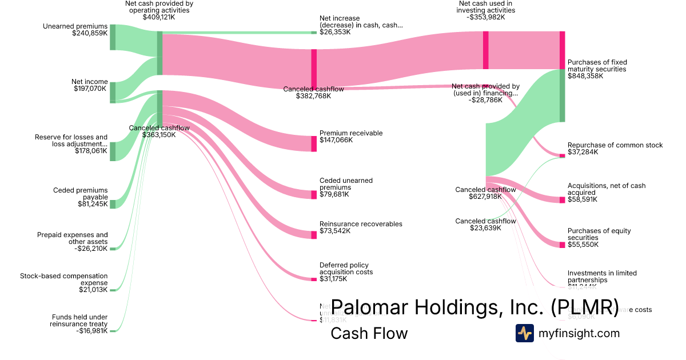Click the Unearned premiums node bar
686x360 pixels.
tap(113, 37)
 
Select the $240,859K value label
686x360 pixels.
tap(90, 34)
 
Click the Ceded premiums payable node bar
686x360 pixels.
tap(113, 204)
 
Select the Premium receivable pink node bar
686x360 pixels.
tap(314, 143)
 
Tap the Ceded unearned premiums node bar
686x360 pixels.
tap(314, 195)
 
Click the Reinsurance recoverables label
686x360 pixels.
tap(361, 223)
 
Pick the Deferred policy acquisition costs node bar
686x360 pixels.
tap(314, 279)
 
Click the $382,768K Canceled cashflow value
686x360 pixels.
tap(313, 96)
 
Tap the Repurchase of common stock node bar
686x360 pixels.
tap(562, 155)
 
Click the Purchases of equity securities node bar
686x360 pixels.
tap(562, 245)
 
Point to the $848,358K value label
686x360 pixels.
tap(585, 76)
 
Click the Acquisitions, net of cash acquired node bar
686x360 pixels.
tap(562, 200)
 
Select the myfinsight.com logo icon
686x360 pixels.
tap(525, 333)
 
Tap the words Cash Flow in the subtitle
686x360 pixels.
tap(369, 333)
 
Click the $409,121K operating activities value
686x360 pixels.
tap(159, 18)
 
